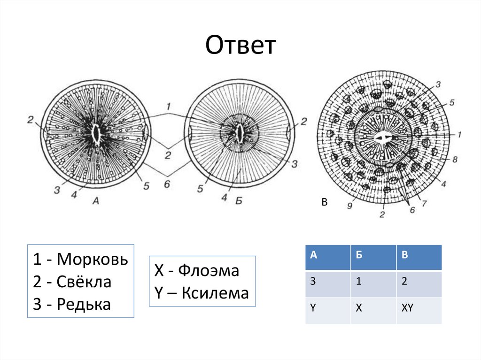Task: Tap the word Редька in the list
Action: pyautogui.click(x=84, y=305)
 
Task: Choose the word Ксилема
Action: pyautogui.click(x=215, y=293)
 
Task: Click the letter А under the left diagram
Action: pyautogui.click(x=96, y=201)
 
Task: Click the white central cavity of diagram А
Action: pyautogui.click(x=97, y=133)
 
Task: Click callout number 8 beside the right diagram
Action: pyautogui.click(x=454, y=160)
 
